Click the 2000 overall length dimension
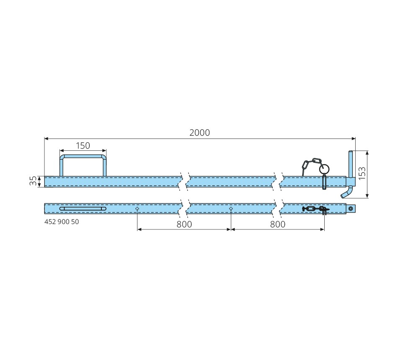click(199, 133)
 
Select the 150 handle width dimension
click(83, 146)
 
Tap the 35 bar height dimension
click(33, 181)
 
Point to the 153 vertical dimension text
click(362, 173)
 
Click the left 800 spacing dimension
click(184, 224)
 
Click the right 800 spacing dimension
click(278, 224)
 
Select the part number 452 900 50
click(62, 222)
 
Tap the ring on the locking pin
click(324, 168)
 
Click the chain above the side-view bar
click(311, 165)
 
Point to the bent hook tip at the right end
click(343, 196)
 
